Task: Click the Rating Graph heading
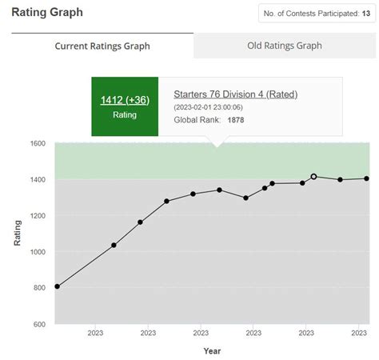click(x=46, y=13)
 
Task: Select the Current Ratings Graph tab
click(x=102, y=46)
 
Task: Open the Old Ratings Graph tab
click(x=285, y=46)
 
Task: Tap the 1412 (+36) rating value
click(x=125, y=99)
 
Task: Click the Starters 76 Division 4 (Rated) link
click(x=236, y=94)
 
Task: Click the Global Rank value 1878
click(x=236, y=120)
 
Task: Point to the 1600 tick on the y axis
click(x=38, y=144)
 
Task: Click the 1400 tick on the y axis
click(x=38, y=180)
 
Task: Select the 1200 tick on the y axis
click(x=38, y=216)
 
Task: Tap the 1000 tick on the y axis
click(x=38, y=252)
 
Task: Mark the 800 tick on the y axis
click(x=40, y=288)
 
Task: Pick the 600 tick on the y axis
click(x=40, y=324)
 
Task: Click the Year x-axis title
click(x=212, y=350)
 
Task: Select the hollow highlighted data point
click(x=313, y=176)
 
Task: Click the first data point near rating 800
click(x=57, y=286)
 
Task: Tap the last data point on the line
click(x=366, y=178)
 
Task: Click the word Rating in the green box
click(x=125, y=114)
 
